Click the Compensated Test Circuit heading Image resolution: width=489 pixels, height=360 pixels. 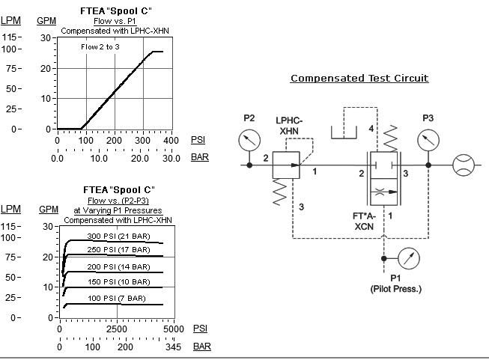(359, 78)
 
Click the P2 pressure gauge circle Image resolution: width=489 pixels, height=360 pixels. (249, 140)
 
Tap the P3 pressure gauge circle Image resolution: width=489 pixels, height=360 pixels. (428, 140)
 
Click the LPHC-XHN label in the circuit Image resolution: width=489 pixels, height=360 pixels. (288, 125)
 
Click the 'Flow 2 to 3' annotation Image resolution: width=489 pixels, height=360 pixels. (100, 47)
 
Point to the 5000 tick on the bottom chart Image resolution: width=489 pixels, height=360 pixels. (173, 329)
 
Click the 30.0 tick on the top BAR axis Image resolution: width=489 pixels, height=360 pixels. (172, 158)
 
